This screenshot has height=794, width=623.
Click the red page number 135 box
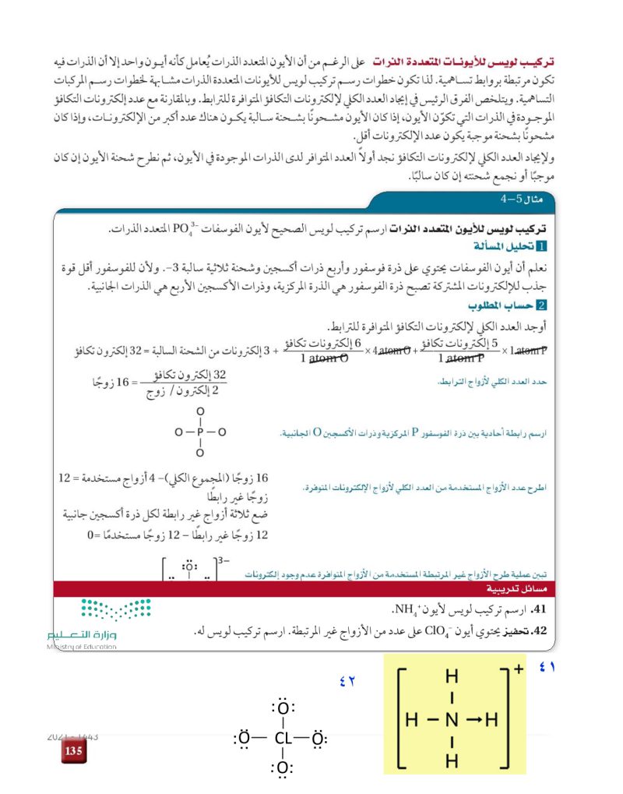[x=73, y=751]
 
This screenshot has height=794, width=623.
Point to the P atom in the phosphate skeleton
[x=200, y=431]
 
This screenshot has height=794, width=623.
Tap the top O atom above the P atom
[x=200, y=411]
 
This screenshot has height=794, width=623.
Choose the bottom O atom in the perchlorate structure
[x=282, y=770]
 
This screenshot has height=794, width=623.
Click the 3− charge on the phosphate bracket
[x=224, y=559]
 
